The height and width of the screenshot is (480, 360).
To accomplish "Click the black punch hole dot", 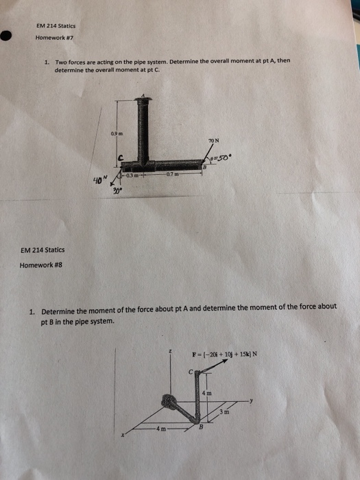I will click(x=7, y=36).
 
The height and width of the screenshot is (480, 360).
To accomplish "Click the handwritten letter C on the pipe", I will click(x=121, y=158).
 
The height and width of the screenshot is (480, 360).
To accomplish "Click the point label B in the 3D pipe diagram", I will click(x=201, y=428).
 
